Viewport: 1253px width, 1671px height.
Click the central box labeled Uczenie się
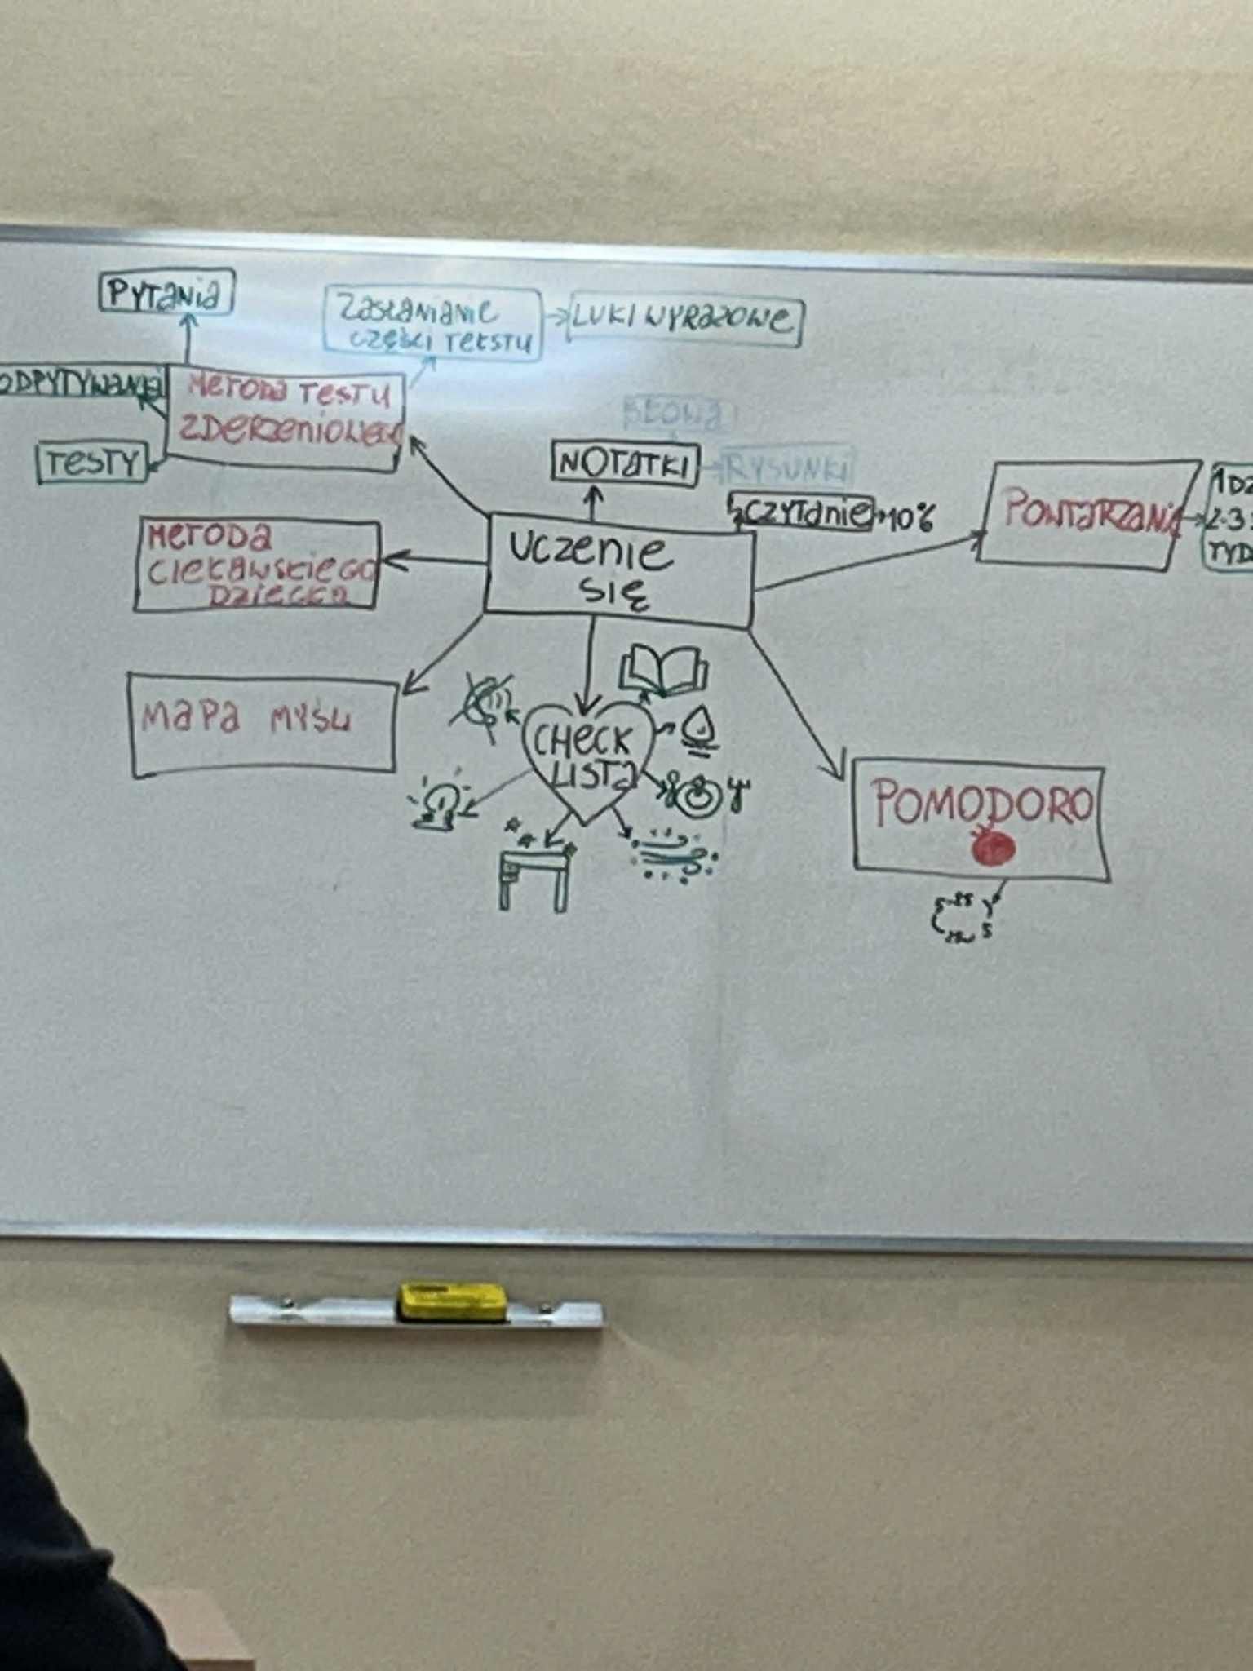click(x=618, y=571)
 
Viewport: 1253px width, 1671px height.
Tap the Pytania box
click(x=166, y=294)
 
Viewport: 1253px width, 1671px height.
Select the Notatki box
click(x=625, y=465)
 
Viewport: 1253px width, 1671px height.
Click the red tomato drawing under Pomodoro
click(x=993, y=849)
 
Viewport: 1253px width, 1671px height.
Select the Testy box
click(x=92, y=463)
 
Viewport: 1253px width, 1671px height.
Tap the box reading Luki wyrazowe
click(x=684, y=319)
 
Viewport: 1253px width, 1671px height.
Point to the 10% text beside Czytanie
click(x=905, y=517)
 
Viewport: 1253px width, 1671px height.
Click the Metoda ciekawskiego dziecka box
click(x=258, y=565)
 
